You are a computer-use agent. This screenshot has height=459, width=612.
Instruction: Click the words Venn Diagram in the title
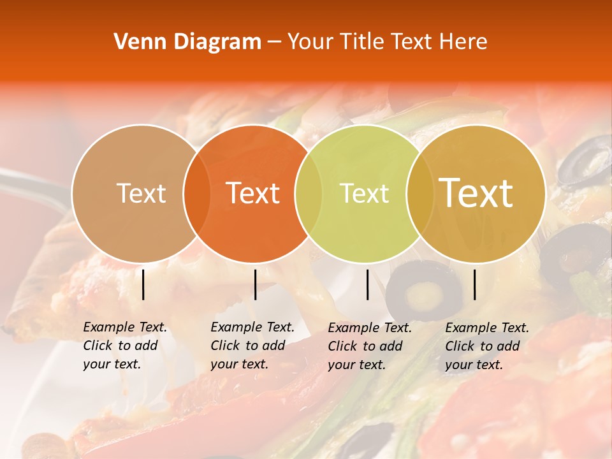(x=187, y=42)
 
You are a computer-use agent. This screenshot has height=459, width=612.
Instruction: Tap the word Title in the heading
(x=362, y=42)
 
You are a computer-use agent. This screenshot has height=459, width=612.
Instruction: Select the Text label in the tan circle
(x=141, y=193)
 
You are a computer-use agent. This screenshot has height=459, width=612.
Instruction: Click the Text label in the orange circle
(x=253, y=193)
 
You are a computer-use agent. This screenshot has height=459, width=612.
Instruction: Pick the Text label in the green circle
(x=364, y=193)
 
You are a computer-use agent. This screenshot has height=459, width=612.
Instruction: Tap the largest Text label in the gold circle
(x=476, y=193)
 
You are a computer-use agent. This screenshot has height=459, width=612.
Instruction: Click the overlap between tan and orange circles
(x=197, y=193)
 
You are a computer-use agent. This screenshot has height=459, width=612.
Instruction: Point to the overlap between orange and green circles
(x=309, y=193)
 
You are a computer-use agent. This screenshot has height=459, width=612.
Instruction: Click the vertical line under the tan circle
(x=143, y=284)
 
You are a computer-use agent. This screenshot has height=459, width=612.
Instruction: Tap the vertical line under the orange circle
(x=255, y=284)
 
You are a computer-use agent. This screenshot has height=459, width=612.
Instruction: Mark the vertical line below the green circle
(x=368, y=284)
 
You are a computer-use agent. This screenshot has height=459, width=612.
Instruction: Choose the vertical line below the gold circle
(x=475, y=284)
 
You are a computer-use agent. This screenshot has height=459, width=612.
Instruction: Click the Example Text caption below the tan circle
(x=124, y=346)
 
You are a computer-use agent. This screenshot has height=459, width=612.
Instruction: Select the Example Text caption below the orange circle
(x=252, y=346)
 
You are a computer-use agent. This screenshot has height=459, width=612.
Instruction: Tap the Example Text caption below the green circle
(x=369, y=346)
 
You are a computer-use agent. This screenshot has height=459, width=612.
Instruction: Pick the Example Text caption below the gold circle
(x=486, y=346)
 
